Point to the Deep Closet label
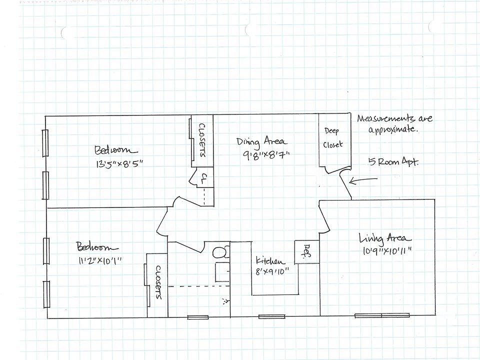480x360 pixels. click(x=332, y=138)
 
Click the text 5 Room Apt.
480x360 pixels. click(x=392, y=162)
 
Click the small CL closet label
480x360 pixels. click(x=204, y=178)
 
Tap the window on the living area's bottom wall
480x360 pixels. click(x=382, y=315)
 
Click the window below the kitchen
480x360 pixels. click(x=271, y=316)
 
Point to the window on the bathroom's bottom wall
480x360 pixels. click(x=197, y=316)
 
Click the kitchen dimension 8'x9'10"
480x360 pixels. click(x=275, y=272)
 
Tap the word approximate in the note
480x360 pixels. click(x=392, y=130)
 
